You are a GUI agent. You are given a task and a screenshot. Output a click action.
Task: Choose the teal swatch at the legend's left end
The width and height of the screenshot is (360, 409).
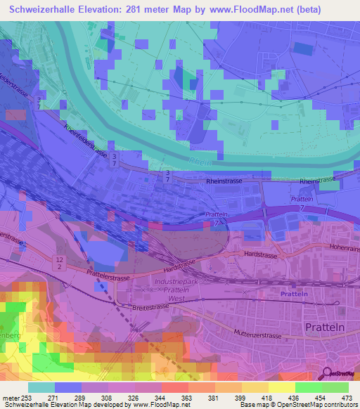coord(41,387)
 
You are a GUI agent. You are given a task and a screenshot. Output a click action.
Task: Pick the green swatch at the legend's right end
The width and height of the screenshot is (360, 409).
coord(335,387)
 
